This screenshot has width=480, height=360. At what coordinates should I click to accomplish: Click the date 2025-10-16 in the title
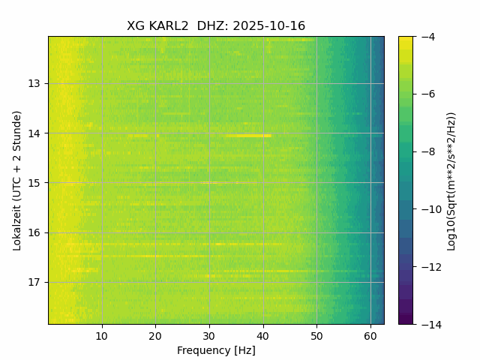[x=269, y=26]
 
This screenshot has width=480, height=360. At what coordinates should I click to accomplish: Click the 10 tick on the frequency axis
[x=102, y=335]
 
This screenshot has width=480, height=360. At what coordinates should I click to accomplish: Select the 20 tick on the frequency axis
[x=155, y=335]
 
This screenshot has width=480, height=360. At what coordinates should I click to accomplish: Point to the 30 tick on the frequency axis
[x=209, y=335]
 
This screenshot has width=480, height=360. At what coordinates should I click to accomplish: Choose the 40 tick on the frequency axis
[x=263, y=335]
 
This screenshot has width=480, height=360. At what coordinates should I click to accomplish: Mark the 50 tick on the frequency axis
[x=316, y=335]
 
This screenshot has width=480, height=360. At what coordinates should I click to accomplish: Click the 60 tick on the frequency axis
[x=370, y=335]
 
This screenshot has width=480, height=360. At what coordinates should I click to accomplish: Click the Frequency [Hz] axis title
[x=216, y=350]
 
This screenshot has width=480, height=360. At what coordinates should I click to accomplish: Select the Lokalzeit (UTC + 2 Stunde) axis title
[x=17, y=180]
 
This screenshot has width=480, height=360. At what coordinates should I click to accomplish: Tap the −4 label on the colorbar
[x=427, y=37]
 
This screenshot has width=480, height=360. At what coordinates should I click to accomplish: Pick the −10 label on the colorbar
[x=429, y=209]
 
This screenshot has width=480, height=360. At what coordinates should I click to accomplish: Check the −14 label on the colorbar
[x=429, y=324]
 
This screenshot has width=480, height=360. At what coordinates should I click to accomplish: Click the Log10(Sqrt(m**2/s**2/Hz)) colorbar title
[x=451, y=180]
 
